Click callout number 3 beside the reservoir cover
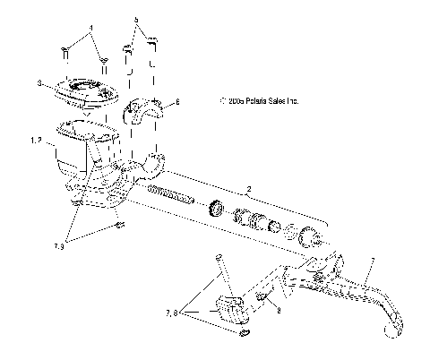pyautogui.click(x=40, y=83)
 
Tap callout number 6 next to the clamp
pyautogui.click(x=176, y=103)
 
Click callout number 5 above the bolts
pyautogui.click(x=136, y=18)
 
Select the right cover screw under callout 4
pyautogui.click(x=105, y=63)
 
